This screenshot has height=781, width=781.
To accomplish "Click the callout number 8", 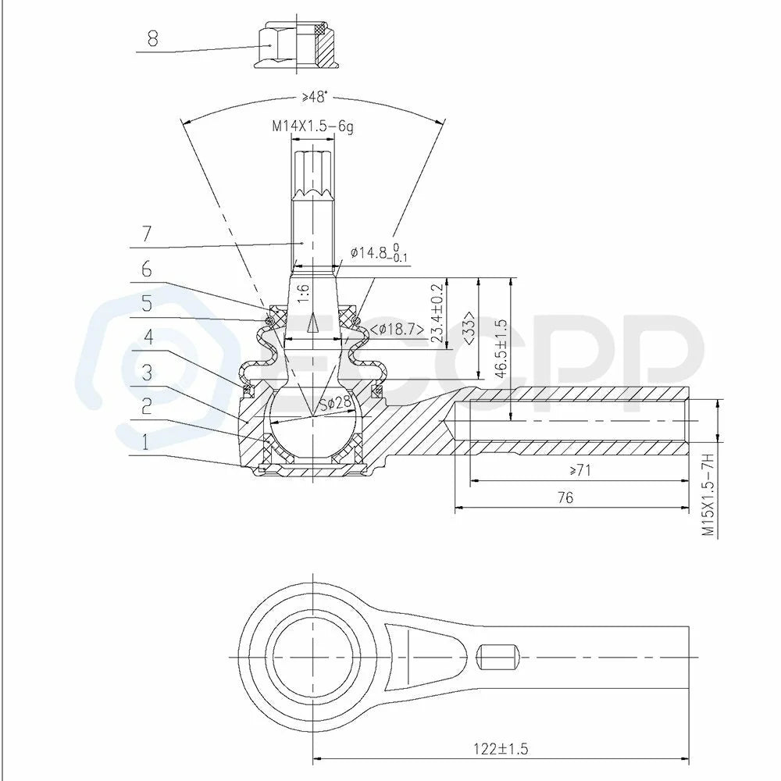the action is point(152,37).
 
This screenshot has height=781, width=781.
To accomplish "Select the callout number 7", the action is point(146,234).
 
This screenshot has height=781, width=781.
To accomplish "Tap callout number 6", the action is point(146,269).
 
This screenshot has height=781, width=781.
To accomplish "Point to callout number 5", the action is point(147,303).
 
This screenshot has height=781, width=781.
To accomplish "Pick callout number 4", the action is point(148,337).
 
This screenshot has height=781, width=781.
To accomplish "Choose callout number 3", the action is point(147,372).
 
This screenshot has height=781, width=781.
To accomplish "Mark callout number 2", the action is point(146,407).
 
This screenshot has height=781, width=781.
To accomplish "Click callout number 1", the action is point(145,441).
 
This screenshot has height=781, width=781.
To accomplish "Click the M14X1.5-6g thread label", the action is point(312,127).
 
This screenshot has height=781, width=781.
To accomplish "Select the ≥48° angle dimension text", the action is point(315,97).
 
